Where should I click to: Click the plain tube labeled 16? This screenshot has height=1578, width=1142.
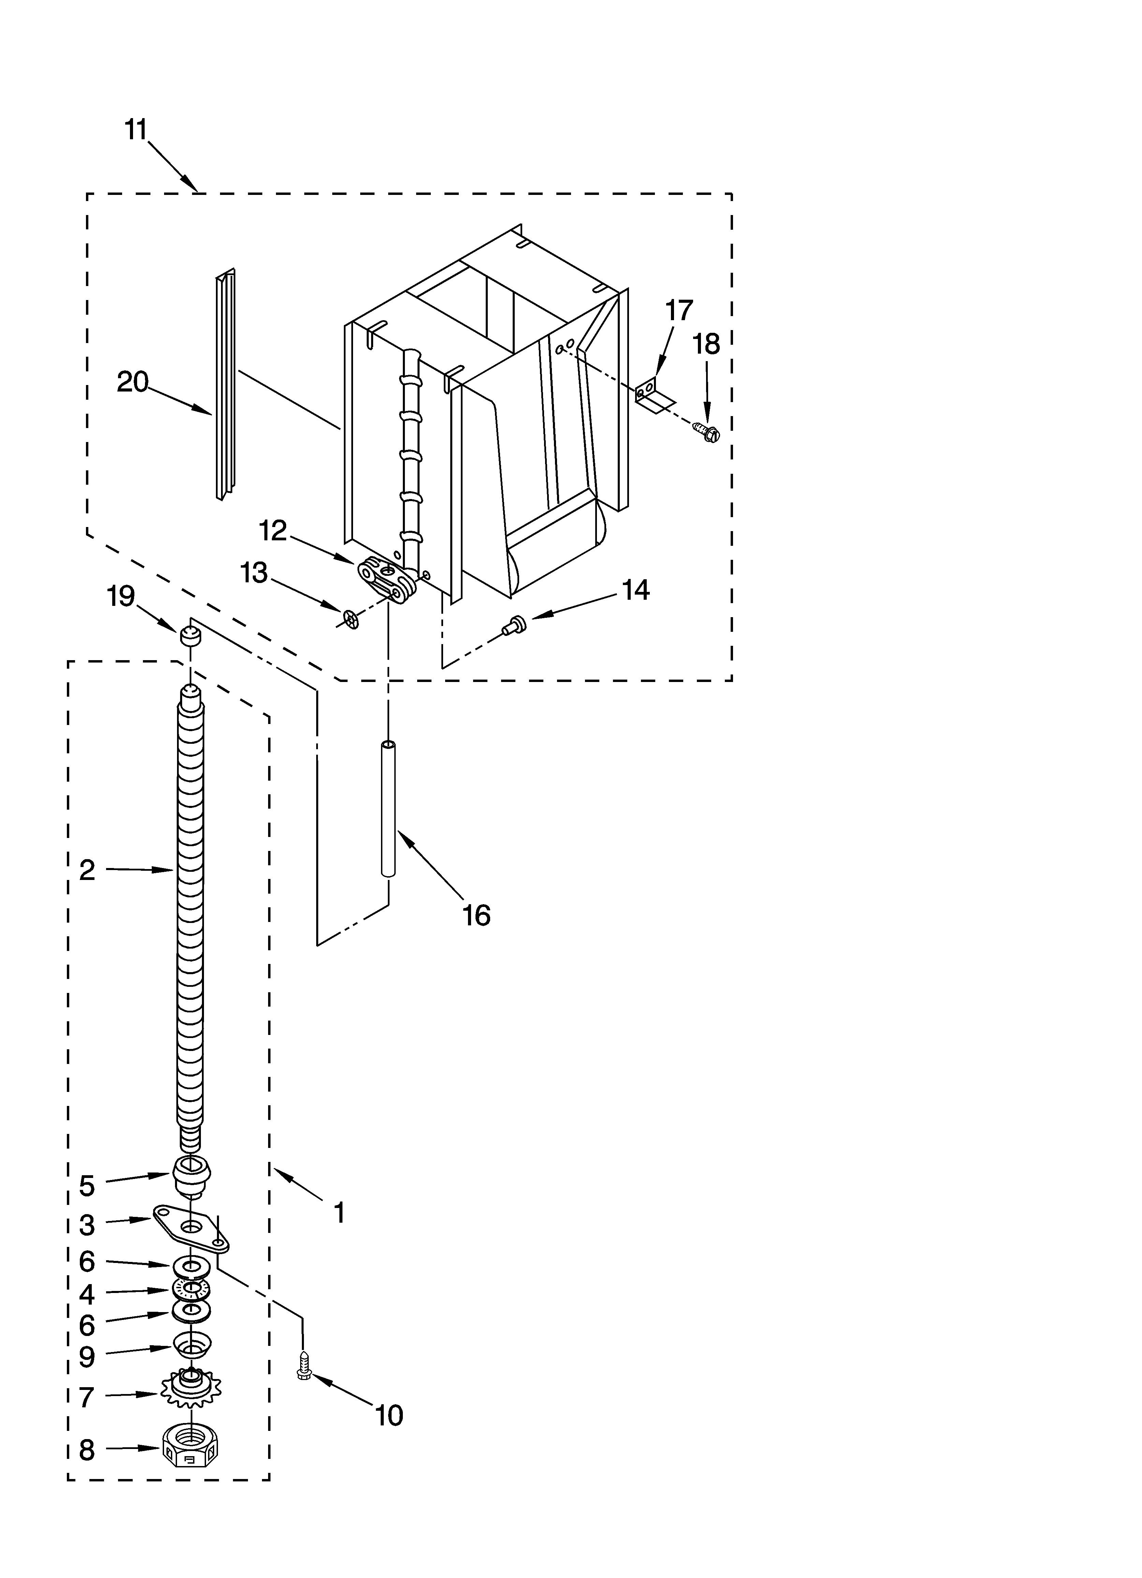tap(388, 809)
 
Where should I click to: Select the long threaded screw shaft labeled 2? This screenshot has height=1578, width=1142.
tap(191, 911)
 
